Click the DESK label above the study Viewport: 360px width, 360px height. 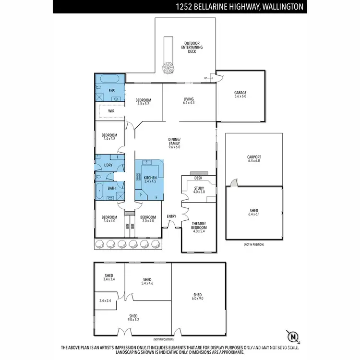point(198,178)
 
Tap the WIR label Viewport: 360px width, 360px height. point(111,111)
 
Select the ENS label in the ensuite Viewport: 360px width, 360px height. point(111,90)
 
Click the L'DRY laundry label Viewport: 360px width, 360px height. point(108,165)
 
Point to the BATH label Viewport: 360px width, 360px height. point(111,189)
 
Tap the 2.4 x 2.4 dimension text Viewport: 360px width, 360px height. point(105,300)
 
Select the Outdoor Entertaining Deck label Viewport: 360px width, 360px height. point(192,46)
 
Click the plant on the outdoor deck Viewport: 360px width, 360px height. point(168,68)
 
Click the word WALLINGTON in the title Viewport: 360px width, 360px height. point(281,7)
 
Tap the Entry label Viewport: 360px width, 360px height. point(171,216)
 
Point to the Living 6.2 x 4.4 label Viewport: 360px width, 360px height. point(189,101)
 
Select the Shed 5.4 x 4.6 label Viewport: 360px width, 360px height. point(147,282)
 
